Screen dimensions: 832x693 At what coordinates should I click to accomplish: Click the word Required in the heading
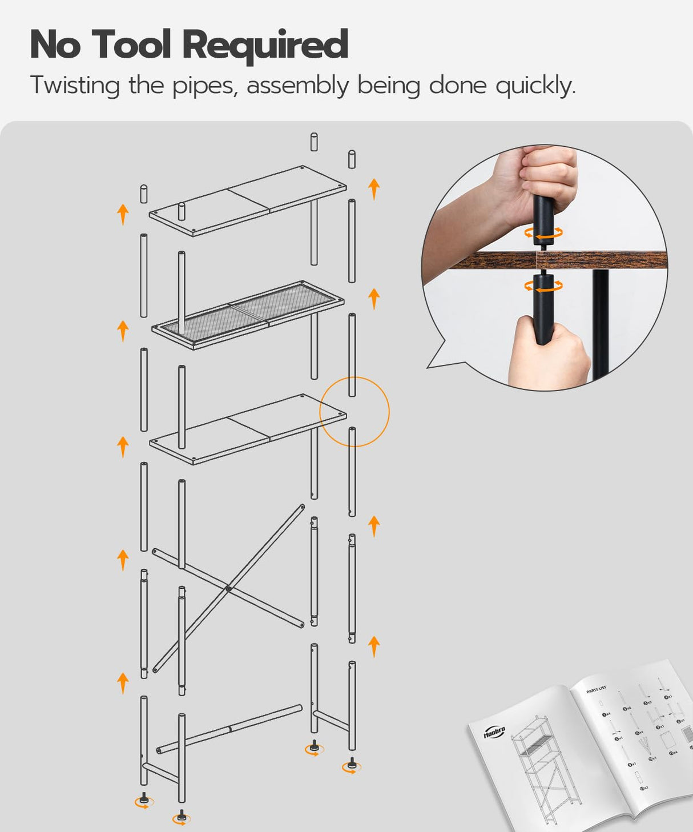265,45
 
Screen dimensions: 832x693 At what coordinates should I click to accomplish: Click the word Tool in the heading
131,44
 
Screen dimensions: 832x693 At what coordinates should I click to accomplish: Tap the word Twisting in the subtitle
75,86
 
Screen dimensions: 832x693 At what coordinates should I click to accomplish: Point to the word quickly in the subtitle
535,86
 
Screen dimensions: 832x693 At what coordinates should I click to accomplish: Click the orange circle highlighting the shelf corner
354,411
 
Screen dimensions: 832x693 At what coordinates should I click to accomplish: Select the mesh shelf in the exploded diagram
248,314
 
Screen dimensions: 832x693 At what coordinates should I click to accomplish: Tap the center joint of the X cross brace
228,588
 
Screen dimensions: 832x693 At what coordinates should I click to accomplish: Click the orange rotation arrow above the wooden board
543,233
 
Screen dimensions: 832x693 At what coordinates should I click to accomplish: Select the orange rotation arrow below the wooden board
543,286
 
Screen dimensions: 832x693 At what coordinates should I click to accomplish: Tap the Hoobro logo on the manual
494,731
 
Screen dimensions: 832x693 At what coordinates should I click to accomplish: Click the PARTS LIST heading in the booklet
596,689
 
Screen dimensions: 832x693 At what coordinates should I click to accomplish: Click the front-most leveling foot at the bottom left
182,817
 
